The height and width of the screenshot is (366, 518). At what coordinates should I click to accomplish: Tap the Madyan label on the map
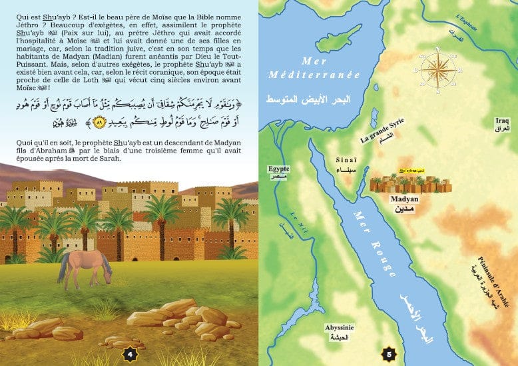[x=407, y=198]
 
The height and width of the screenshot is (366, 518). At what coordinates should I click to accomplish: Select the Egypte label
[x=279, y=169]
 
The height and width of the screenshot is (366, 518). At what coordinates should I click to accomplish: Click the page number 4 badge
[x=131, y=353]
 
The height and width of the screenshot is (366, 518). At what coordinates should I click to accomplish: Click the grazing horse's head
[x=107, y=268]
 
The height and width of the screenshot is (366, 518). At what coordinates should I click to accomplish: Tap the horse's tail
[x=63, y=270]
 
